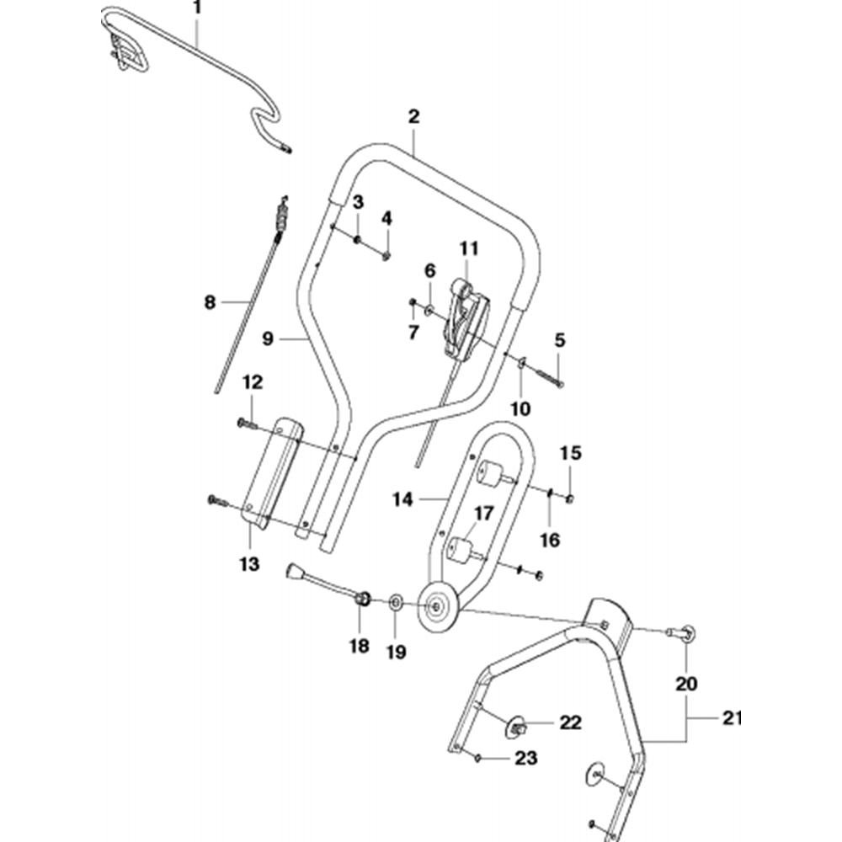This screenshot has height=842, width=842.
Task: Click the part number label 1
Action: (x=198, y=10)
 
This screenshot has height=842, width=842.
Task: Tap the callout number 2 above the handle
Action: (x=413, y=117)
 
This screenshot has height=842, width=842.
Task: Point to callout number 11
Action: (x=468, y=248)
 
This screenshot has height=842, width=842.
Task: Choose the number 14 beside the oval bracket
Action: (x=402, y=499)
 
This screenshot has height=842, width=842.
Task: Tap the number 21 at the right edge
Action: (x=732, y=718)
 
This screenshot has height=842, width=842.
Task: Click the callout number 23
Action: (x=525, y=759)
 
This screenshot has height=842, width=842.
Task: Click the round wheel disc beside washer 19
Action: (x=438, y=606)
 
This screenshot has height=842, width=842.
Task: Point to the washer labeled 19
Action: (x=395, y=602)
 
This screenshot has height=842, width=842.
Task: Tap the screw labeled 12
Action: (x=245, y=423)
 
